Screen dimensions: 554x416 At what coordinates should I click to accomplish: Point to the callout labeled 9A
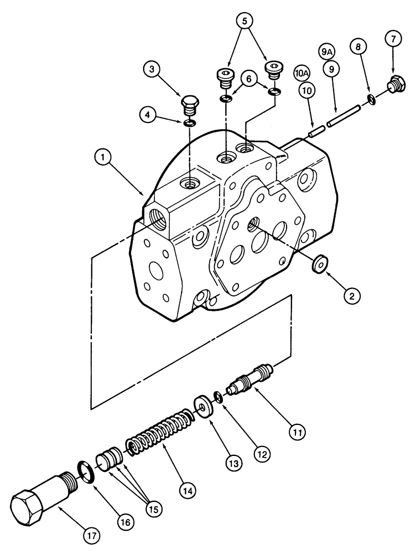(x=327, y=52)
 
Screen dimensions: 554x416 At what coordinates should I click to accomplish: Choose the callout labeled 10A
(x=301, y=73)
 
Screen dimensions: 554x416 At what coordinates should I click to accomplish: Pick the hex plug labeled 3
(x=190, y=105)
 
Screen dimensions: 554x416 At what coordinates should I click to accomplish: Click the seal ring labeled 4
(x=189, y=123)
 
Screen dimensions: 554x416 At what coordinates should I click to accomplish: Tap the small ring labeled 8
(x=371, y=100)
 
